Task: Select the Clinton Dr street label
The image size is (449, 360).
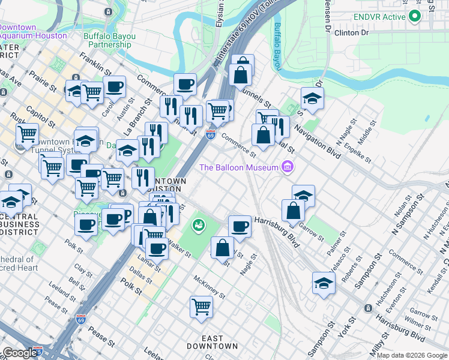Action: (351, 32)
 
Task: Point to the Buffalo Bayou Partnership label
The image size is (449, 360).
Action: (109, 40)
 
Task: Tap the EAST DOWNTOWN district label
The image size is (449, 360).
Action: (212, 341)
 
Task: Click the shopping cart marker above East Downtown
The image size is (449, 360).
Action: (201, 306)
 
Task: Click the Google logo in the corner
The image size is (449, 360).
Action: (19, 353)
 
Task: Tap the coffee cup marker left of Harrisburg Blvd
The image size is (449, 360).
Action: (240, 226)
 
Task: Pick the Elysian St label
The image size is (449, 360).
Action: (220, 18)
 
